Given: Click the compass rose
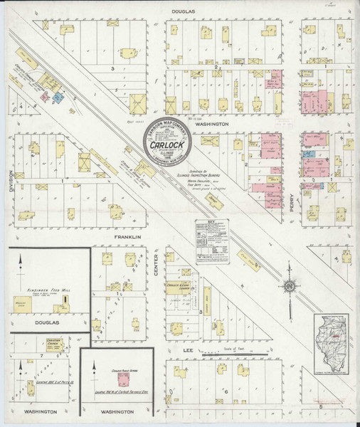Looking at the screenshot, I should click(290, 285).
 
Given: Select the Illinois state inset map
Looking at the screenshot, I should click(334, 342).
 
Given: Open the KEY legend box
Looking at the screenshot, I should click(212, 242).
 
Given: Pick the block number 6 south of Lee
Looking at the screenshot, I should click(226, 391).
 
